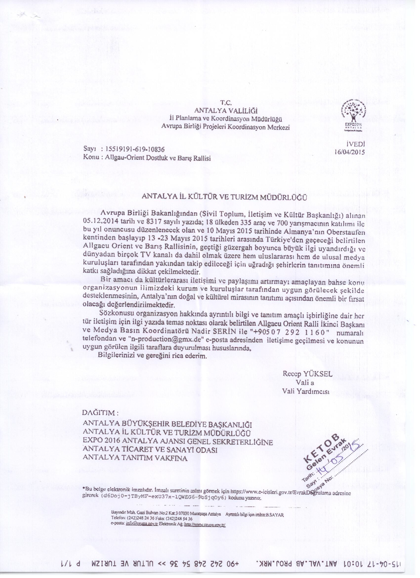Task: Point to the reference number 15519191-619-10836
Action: (135, 149)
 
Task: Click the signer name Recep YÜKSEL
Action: (307, 374)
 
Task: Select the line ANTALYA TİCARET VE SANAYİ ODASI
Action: (150, 450)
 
